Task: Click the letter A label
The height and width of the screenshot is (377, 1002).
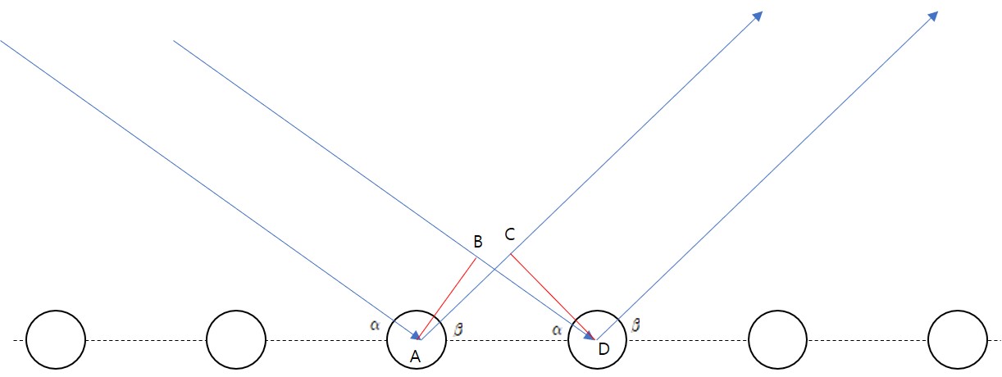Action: [415, 356]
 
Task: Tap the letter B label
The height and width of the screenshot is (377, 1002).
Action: [478, 242]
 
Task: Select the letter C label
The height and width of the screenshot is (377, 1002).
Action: [509, 235]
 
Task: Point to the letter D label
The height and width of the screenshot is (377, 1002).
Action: [603, 350]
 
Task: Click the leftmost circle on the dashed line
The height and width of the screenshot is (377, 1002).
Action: [56, 339]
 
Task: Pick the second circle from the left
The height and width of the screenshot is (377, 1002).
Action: [236, 339]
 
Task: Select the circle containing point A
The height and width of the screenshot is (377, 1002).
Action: [417, 339]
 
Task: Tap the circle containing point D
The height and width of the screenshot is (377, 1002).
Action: [598, 339]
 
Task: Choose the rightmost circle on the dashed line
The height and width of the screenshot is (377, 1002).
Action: [958, 339]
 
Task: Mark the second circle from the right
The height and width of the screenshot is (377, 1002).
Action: [779, 339]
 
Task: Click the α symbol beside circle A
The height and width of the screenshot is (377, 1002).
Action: [376, 325]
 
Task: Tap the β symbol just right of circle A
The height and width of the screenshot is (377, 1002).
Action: [458, 329]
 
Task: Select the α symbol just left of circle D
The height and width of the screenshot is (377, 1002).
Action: [557, 329]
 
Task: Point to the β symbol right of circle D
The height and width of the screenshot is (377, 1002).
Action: [635, 325]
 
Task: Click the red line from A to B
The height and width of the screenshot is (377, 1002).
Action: [449, 298]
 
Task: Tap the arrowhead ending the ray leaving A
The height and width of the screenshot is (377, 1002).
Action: [758, 16]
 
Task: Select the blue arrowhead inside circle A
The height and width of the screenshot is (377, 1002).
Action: [416, 334]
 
